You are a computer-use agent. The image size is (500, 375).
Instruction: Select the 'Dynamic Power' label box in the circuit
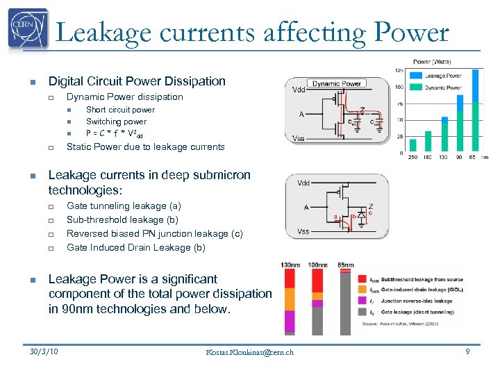[336, 84]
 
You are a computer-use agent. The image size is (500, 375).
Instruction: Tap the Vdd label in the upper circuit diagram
[298, 90]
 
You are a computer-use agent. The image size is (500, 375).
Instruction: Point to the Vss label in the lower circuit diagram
[303, 231]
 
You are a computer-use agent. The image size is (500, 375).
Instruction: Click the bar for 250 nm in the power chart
[413, 144]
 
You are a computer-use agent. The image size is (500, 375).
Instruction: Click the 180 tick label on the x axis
[428, 158]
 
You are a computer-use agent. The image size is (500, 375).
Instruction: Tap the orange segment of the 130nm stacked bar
[289, 300]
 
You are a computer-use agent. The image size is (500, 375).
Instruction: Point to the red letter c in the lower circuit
[370, 214]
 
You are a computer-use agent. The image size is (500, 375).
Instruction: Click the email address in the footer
[250, 352]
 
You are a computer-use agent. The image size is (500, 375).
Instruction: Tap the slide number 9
[467, 352]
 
